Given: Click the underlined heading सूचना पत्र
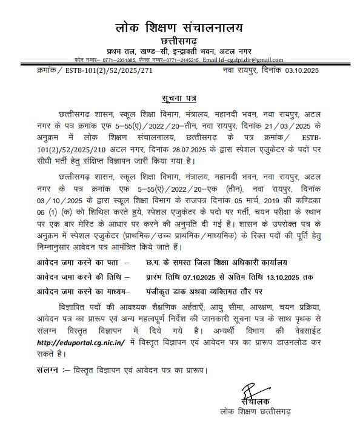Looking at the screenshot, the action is tap(179, 98).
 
